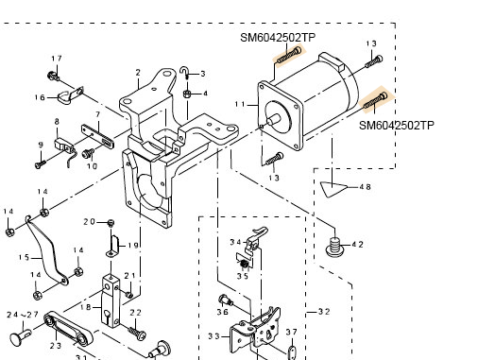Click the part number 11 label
click(240, 104)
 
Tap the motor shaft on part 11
click(274, 120)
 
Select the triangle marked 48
click(333, 189)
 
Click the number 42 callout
click(357, 245)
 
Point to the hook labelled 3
click(184, 73)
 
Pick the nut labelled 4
click(186, 94)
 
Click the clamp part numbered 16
click(70, 95)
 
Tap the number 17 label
click(57, 59)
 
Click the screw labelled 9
click(40, 163)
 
